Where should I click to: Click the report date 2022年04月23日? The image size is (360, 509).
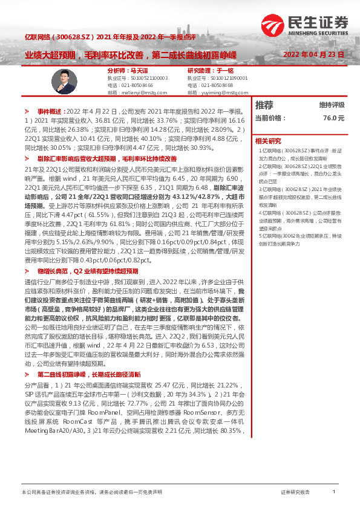[x=313, y=54]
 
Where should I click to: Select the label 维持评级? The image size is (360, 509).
[x=332, y=105]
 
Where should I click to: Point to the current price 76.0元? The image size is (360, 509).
[x=333, y=118]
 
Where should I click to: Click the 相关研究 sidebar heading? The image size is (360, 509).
[x=268, y=140]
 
